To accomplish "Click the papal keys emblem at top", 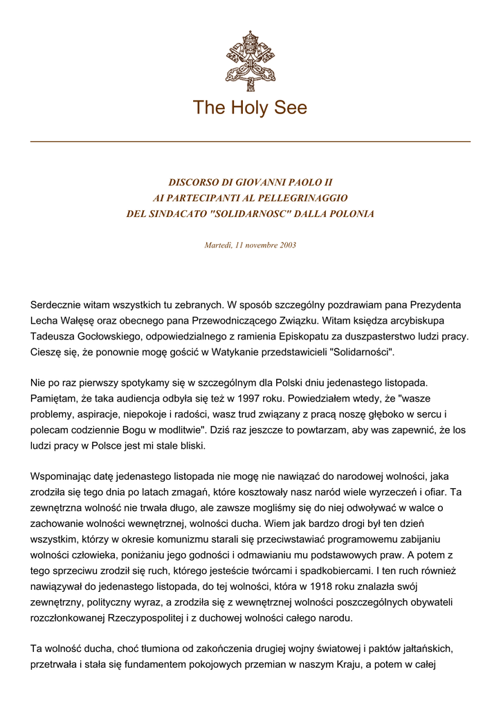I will coord(250,61).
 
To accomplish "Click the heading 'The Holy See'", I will coord(250,108).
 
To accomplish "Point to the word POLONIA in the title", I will coord(350,214).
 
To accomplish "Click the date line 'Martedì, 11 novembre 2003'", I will coord(250,245).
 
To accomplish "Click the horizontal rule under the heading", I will coord(250,141).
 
